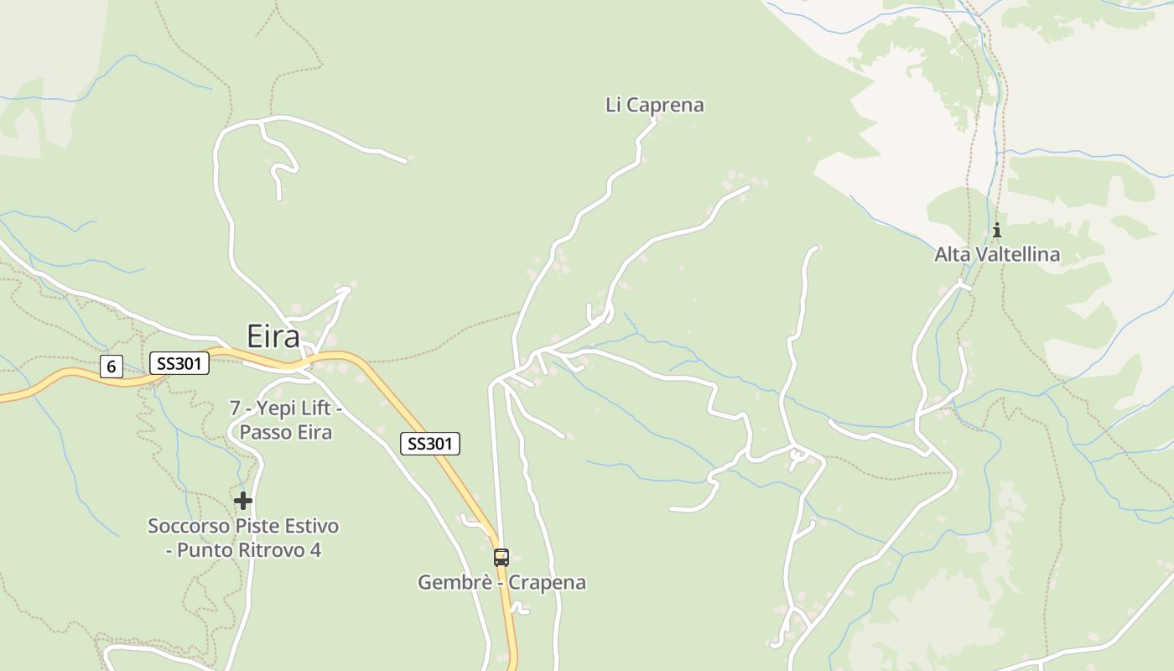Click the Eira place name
tap(273, 336)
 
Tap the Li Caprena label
tap(654, 105)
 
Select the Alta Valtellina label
tap(997, 254)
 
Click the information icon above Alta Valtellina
tap(997, 230)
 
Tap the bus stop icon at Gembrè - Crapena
tap(501, 557)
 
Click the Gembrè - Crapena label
tap(501, 582)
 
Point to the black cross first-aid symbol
tap(243, 501)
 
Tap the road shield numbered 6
tap(111, 367)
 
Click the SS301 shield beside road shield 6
tap(179, 363)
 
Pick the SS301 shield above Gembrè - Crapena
tap(430, 444)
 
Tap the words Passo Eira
tap(286, 433)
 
